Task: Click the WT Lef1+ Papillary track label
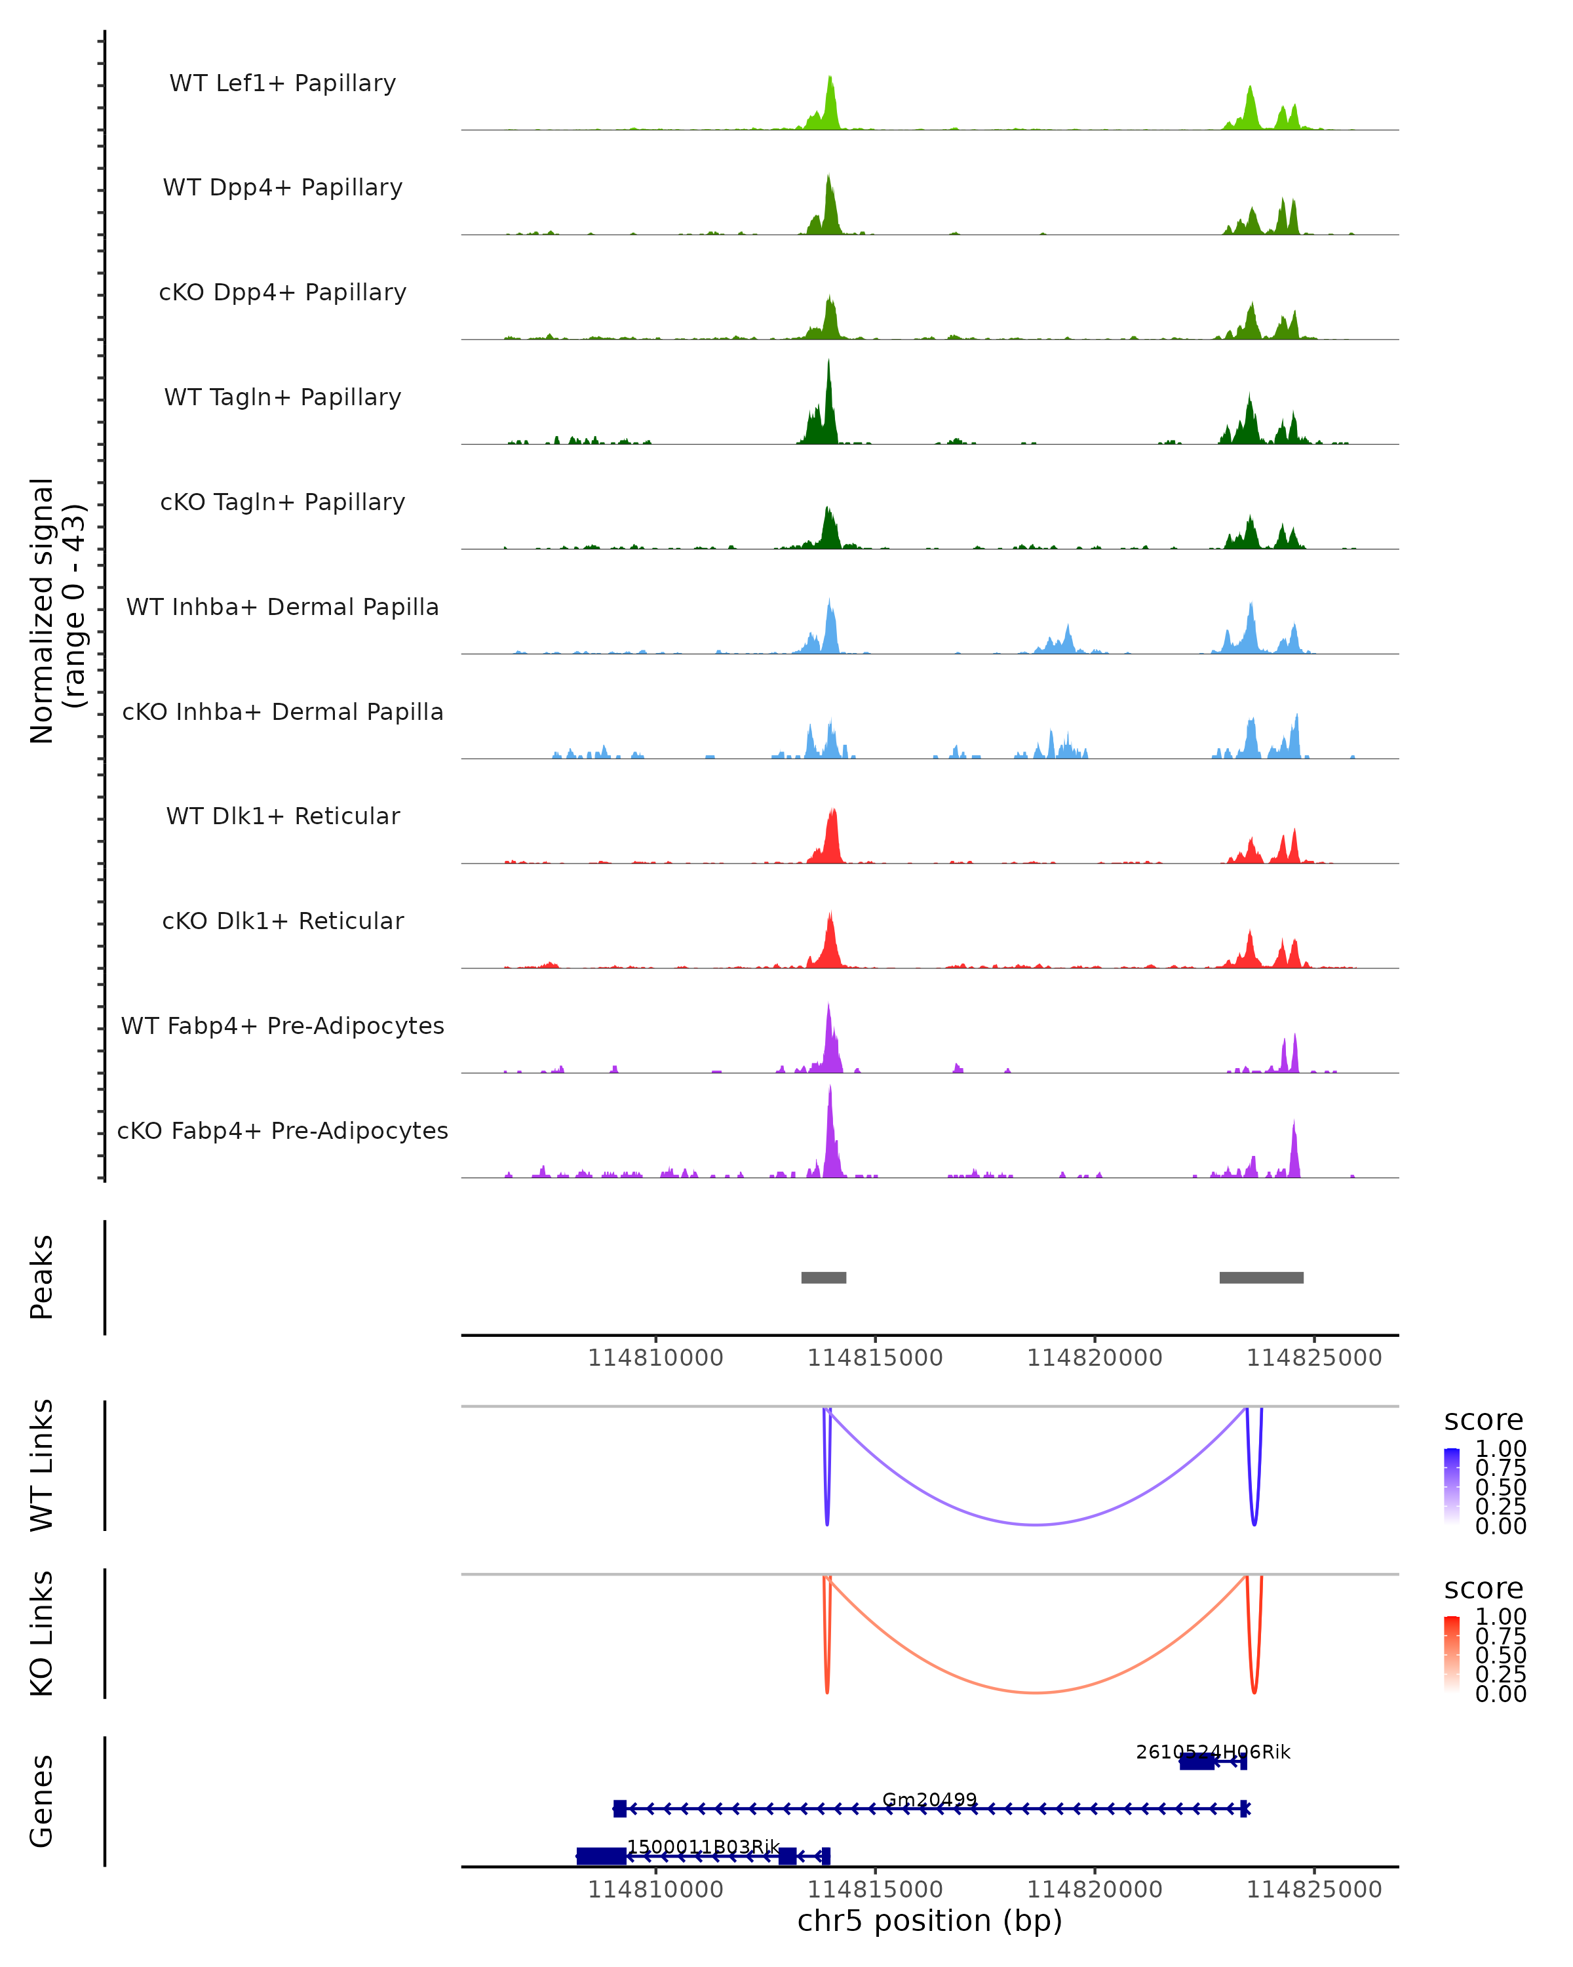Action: point(282,83)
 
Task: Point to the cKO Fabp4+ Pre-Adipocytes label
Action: point(282,1130)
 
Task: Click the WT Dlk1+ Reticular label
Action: point(282,816)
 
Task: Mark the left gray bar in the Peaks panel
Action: point(823,1277)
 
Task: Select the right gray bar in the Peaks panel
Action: point(1261,1277)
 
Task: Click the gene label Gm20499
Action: point(929,1800)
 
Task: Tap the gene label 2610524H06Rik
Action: point(1213,1752)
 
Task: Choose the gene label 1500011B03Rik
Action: point(703,1848)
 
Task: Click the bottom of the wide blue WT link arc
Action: point(1036,1524)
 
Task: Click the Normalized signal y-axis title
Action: point(56,611)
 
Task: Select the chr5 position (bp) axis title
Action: point(929,1920)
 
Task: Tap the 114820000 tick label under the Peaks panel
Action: point(1095,1358)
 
